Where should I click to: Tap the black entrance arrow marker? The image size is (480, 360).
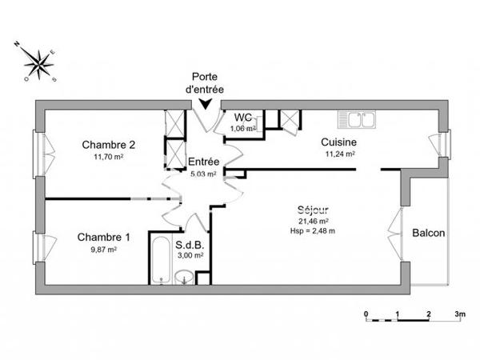tap(206, 102)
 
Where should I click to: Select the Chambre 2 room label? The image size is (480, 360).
tap(108, 145)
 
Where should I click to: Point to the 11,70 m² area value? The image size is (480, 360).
tap(108, 158)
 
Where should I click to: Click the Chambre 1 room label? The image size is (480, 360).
tap(103, 237)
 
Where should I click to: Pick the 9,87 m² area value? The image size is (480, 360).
tap(103, 250)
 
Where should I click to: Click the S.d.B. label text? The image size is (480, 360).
tap(190, 245)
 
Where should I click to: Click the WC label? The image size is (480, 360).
tap(242, 117)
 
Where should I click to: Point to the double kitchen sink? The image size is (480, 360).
tap(357, 120)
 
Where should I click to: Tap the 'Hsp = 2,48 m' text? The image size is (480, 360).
tap(313, 230)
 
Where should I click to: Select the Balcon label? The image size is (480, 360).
tap(429, 233)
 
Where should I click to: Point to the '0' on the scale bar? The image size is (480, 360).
tap(366, 314)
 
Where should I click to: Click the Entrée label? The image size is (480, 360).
tap(204, 161)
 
